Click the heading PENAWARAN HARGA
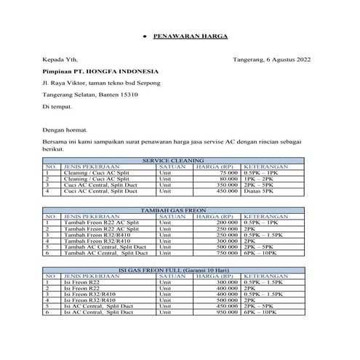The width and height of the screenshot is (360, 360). pyautogui.click(x=191, y=36)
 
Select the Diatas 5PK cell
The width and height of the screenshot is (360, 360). pyautogui.click(x=261, y=191)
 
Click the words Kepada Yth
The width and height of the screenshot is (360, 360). pyautogui.click(x=57, y=59)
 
